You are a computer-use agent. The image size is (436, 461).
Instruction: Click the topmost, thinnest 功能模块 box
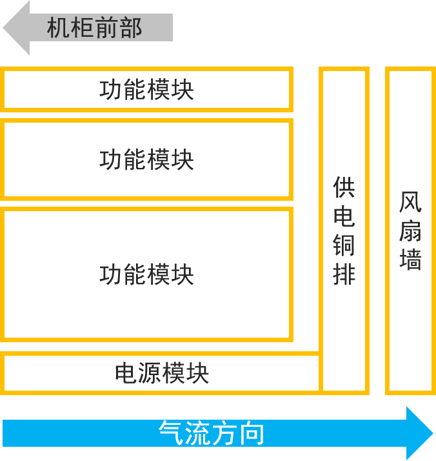pos(146,90)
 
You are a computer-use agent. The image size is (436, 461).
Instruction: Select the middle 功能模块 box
pos(146,159)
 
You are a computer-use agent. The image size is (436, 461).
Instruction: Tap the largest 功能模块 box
pos(146,274)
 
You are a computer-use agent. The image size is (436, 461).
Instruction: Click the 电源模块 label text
pos(162,373)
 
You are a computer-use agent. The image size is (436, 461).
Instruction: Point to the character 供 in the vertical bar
pos(344,188)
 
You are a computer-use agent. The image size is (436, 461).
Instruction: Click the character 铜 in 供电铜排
pos(344,246)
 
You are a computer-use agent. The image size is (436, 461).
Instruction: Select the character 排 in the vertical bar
pos(344,274)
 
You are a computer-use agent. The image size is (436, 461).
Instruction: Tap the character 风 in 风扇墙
pos(410,202)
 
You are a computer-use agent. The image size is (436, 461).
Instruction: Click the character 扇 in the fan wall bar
pos(410,230)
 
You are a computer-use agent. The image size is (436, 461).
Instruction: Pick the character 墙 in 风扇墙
pos(410,260)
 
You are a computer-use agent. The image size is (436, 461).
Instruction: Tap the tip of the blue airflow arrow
pos(431,433)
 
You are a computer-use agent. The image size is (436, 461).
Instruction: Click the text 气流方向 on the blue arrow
pos(212,433)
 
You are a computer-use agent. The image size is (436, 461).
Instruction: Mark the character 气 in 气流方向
pos(171,433)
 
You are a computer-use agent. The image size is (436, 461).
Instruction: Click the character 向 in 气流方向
pos(252,433)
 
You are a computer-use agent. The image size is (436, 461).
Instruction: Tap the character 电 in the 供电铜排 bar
pos(344,217)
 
